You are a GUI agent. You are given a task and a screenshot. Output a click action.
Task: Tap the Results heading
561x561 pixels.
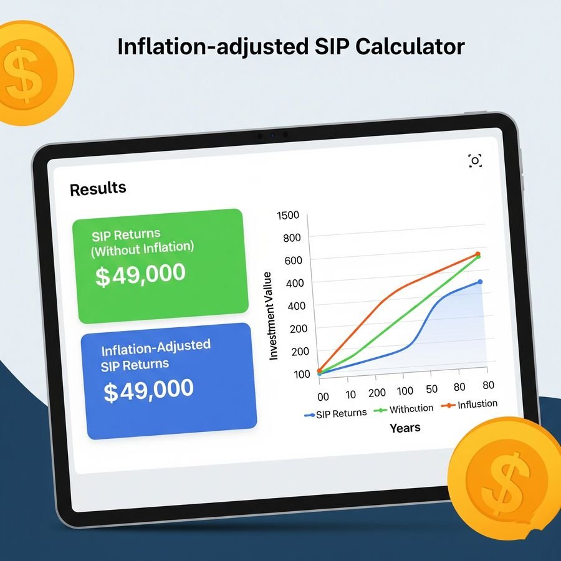(x=98, y=188)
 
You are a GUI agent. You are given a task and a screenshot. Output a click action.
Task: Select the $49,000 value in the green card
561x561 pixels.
(x=140, y=274)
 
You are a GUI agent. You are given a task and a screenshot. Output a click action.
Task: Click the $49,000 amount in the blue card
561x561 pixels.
(x=148, y=390)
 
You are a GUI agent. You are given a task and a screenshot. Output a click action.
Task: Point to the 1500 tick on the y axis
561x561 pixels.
(x=287, y=216)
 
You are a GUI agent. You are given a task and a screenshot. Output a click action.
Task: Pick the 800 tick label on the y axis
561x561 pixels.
(x=292, y=238)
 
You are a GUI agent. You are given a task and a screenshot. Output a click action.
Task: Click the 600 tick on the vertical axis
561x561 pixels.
(x=294, y=261)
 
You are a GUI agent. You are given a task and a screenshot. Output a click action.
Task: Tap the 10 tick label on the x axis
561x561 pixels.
(x=350, y=395)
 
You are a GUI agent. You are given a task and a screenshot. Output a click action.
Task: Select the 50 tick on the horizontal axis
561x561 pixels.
(x=431, y=389)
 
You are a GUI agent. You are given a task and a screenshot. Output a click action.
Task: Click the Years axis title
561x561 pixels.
(x=405, y=428)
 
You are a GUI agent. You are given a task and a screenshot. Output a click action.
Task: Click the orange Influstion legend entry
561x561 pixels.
(x=469, y=405)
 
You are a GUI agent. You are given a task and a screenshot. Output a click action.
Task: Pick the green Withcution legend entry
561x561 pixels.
(x=403, y=409)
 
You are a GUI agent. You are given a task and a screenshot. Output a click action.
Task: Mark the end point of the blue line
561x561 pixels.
(x=480, y=282)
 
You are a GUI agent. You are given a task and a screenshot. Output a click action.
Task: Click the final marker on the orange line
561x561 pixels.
(x=477, y=254)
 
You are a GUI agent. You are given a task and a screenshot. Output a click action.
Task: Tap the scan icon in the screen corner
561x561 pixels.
(x=475, y=161)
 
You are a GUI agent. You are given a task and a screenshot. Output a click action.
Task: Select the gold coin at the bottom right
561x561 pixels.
(x=505, y=477)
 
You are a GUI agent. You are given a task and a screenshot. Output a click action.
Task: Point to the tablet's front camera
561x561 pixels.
(x=272, y=136)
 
